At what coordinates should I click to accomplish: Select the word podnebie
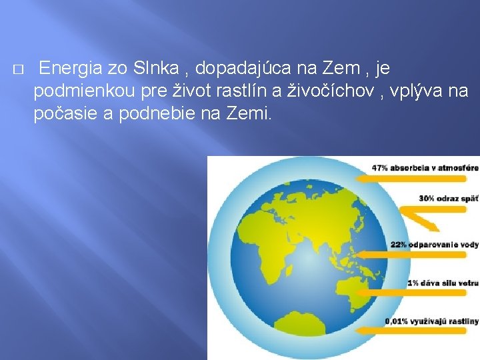[149, 113]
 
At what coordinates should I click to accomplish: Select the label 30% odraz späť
[448, 198]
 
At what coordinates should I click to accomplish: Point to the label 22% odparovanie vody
[434, 244]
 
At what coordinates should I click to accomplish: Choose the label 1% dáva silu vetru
[443, 283]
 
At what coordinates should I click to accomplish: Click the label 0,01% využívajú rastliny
[431, 321]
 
